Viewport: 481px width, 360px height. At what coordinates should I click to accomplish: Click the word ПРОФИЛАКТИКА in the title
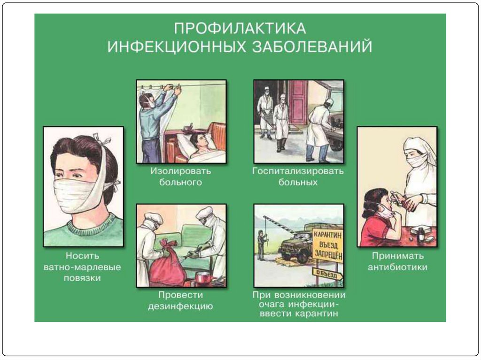pyautogui.click(x=240, y=28)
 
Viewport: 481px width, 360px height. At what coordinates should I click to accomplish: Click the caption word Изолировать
pyautogui.click(x=180, y=171)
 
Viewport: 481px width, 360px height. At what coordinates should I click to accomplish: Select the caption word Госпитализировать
pyautogui.click(x=298, y=171)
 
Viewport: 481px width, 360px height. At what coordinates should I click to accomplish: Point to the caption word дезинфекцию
pyautogui.click(x=180, y=306)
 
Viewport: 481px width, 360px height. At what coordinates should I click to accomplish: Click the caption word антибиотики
pyautogui.click(x=397, y=267)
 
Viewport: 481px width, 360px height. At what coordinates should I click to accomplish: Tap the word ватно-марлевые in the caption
pyautogui.click(x=82, y=267)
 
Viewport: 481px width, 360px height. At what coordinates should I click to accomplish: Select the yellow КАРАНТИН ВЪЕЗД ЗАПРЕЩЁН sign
pyautogui.click(x=327, y=245)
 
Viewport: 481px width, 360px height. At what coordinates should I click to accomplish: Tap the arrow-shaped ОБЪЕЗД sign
pyautogui.click(x=327, y=274)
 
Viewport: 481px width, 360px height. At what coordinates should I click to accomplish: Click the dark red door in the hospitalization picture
pyautogui.click(x=298, y=102)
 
